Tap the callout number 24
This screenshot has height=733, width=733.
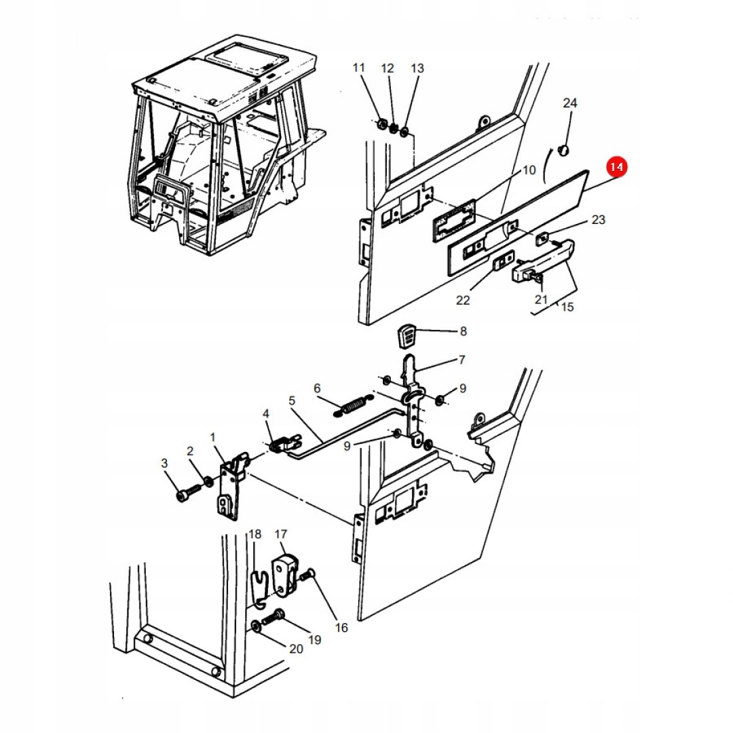[570, 103]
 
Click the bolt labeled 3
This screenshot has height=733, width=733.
[185, 496]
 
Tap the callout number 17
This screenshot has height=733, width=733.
[282, 534]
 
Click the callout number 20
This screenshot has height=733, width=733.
[296, 649]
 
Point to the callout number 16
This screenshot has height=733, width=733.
[341, 628]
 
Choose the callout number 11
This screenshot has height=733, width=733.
[359, 68]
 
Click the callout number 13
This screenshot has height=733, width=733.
[417, 69]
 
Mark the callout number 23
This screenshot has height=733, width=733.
[597, 220]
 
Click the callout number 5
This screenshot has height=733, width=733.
[292, 400]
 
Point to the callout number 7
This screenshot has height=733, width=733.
[462, 359]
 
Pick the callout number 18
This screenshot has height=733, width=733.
[255, 534]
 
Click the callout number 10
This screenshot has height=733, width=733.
[529, 170]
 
